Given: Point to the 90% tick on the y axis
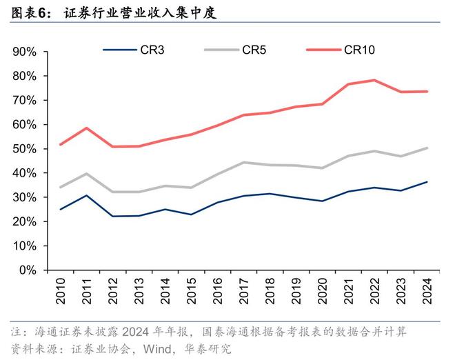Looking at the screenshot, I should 23,52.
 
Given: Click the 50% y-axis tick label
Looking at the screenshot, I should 23,149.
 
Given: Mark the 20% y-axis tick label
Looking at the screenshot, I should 23,221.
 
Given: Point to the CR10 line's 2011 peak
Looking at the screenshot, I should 86,128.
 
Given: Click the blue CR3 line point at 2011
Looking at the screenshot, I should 86,195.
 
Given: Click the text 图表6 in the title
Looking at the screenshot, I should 25,12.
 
